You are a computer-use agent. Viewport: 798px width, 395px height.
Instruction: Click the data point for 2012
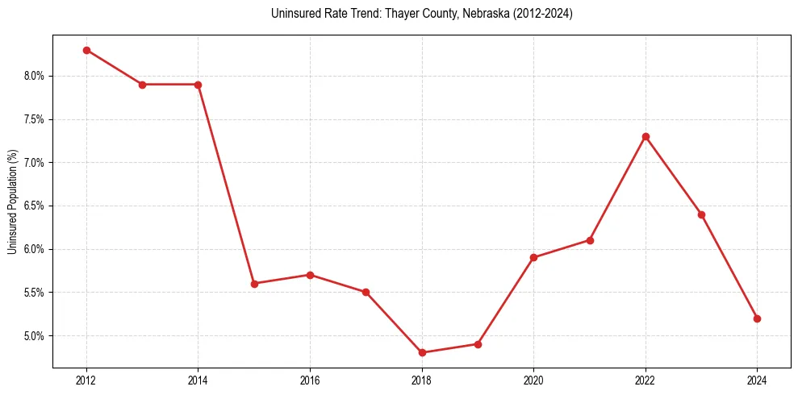click(x=86, y=50)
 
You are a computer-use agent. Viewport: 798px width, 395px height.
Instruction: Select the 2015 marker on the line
click(x=254, y=284)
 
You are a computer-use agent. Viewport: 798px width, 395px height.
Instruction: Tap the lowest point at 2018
click(x=422, y=352)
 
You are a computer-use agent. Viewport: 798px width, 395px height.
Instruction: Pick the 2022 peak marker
click(x=646, y=136)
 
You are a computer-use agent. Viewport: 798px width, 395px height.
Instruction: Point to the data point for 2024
click(x=757, y=318)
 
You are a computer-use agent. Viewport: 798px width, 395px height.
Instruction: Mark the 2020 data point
click(x=533, y=257)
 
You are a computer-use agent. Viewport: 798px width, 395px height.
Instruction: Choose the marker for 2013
click(x=142, y=85)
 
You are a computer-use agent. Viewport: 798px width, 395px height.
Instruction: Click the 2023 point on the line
click(x=701, y=214)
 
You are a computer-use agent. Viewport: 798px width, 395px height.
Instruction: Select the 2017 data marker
click(x=366, y=292)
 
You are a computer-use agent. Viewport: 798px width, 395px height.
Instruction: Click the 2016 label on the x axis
click(x=310, y=380)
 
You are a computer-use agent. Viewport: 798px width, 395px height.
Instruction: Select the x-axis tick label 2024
click(x=757, y=380)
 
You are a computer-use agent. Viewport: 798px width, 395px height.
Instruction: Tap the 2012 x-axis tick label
click(x=86, y=380)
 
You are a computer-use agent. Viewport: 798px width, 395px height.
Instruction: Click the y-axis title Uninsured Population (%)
click(x=13, y=201)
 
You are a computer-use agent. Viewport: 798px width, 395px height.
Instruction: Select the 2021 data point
click(x=590, y=240)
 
